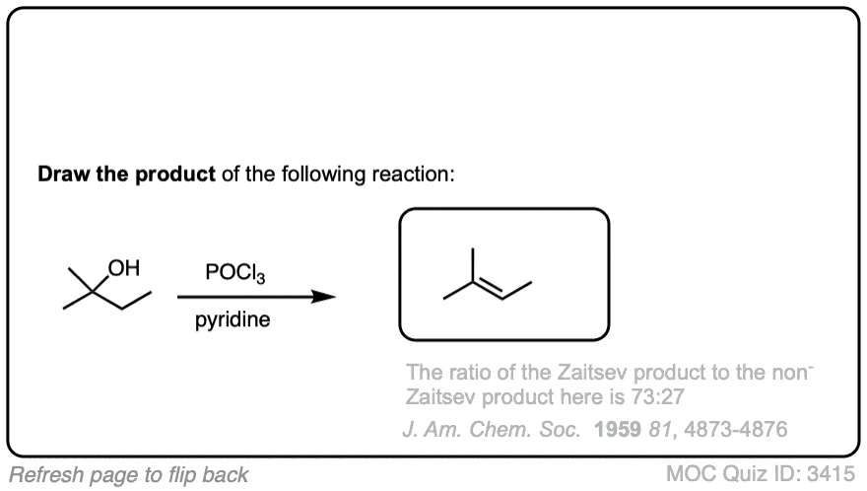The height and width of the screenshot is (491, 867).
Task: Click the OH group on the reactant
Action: click(124, 268)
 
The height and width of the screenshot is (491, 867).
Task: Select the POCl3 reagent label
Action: click(235, 273)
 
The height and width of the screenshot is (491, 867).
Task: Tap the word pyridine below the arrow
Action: click(233, 319)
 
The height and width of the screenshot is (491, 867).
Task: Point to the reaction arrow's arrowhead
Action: click(323, 297)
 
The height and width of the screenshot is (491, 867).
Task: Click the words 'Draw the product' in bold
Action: click(127, 174)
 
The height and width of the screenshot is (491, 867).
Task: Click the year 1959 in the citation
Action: click(618, 429)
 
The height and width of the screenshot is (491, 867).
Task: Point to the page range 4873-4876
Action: click(736, 429)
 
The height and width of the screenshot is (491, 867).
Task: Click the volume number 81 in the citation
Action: click(660, 429)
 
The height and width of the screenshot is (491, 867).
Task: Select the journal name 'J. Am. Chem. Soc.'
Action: click(492, 429)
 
